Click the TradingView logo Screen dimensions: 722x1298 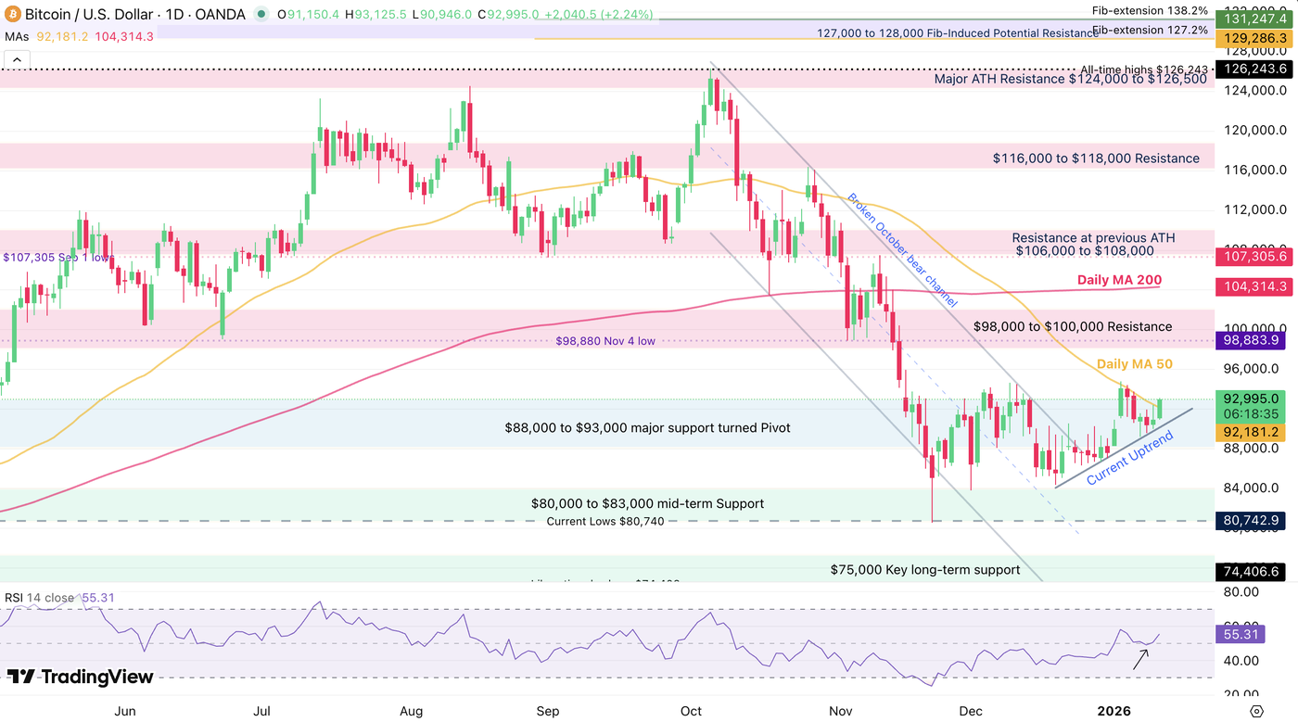click(80, 678)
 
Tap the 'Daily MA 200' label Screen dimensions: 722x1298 click(1119, 280)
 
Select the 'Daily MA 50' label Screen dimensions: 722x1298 click(1134, 364)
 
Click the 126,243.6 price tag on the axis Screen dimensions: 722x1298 click(1254, 70)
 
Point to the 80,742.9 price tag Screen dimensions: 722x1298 click(1254, 521)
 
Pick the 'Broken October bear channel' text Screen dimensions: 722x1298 click(902, 250)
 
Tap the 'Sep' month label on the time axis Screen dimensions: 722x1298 click(548, 711)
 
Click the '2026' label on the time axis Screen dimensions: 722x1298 click(1114, 711)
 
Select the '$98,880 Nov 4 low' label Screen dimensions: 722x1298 click(604, 341)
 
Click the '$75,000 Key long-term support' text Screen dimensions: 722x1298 click(924, 570)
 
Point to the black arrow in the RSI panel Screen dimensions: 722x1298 click(1140, 658)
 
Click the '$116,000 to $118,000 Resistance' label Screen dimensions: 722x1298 click(1096, 158)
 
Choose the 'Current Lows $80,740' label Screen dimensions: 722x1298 click(605, 521)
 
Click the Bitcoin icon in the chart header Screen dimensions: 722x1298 click(12, 15)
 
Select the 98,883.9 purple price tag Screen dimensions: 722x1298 click(1254, 341)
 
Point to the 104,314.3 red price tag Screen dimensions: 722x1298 click(1254, 287)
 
